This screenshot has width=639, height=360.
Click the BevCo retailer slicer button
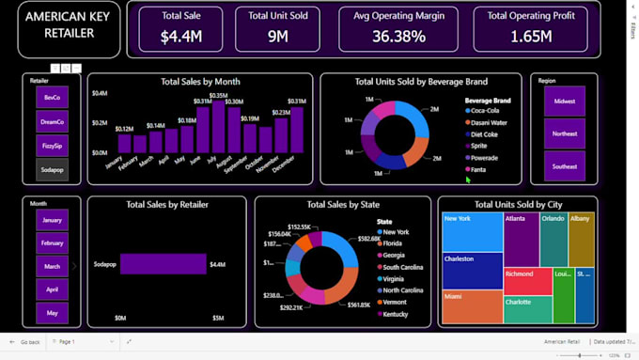coord(52,98)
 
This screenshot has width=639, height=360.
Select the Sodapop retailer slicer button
coord(52,169)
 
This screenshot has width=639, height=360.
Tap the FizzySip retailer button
coord(52,146)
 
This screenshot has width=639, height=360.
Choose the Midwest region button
coord(564,102)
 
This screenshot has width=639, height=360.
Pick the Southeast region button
coord(564,166)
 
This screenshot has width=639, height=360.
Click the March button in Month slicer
coord(52,267)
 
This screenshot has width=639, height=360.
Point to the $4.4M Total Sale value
coord(180,37)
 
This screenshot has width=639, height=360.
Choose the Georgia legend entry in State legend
coord(394,255)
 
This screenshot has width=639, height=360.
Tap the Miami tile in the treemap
coord(472,307)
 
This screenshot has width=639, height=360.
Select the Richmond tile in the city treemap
coord(527,281)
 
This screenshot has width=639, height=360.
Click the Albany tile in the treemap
coord(581,239)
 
